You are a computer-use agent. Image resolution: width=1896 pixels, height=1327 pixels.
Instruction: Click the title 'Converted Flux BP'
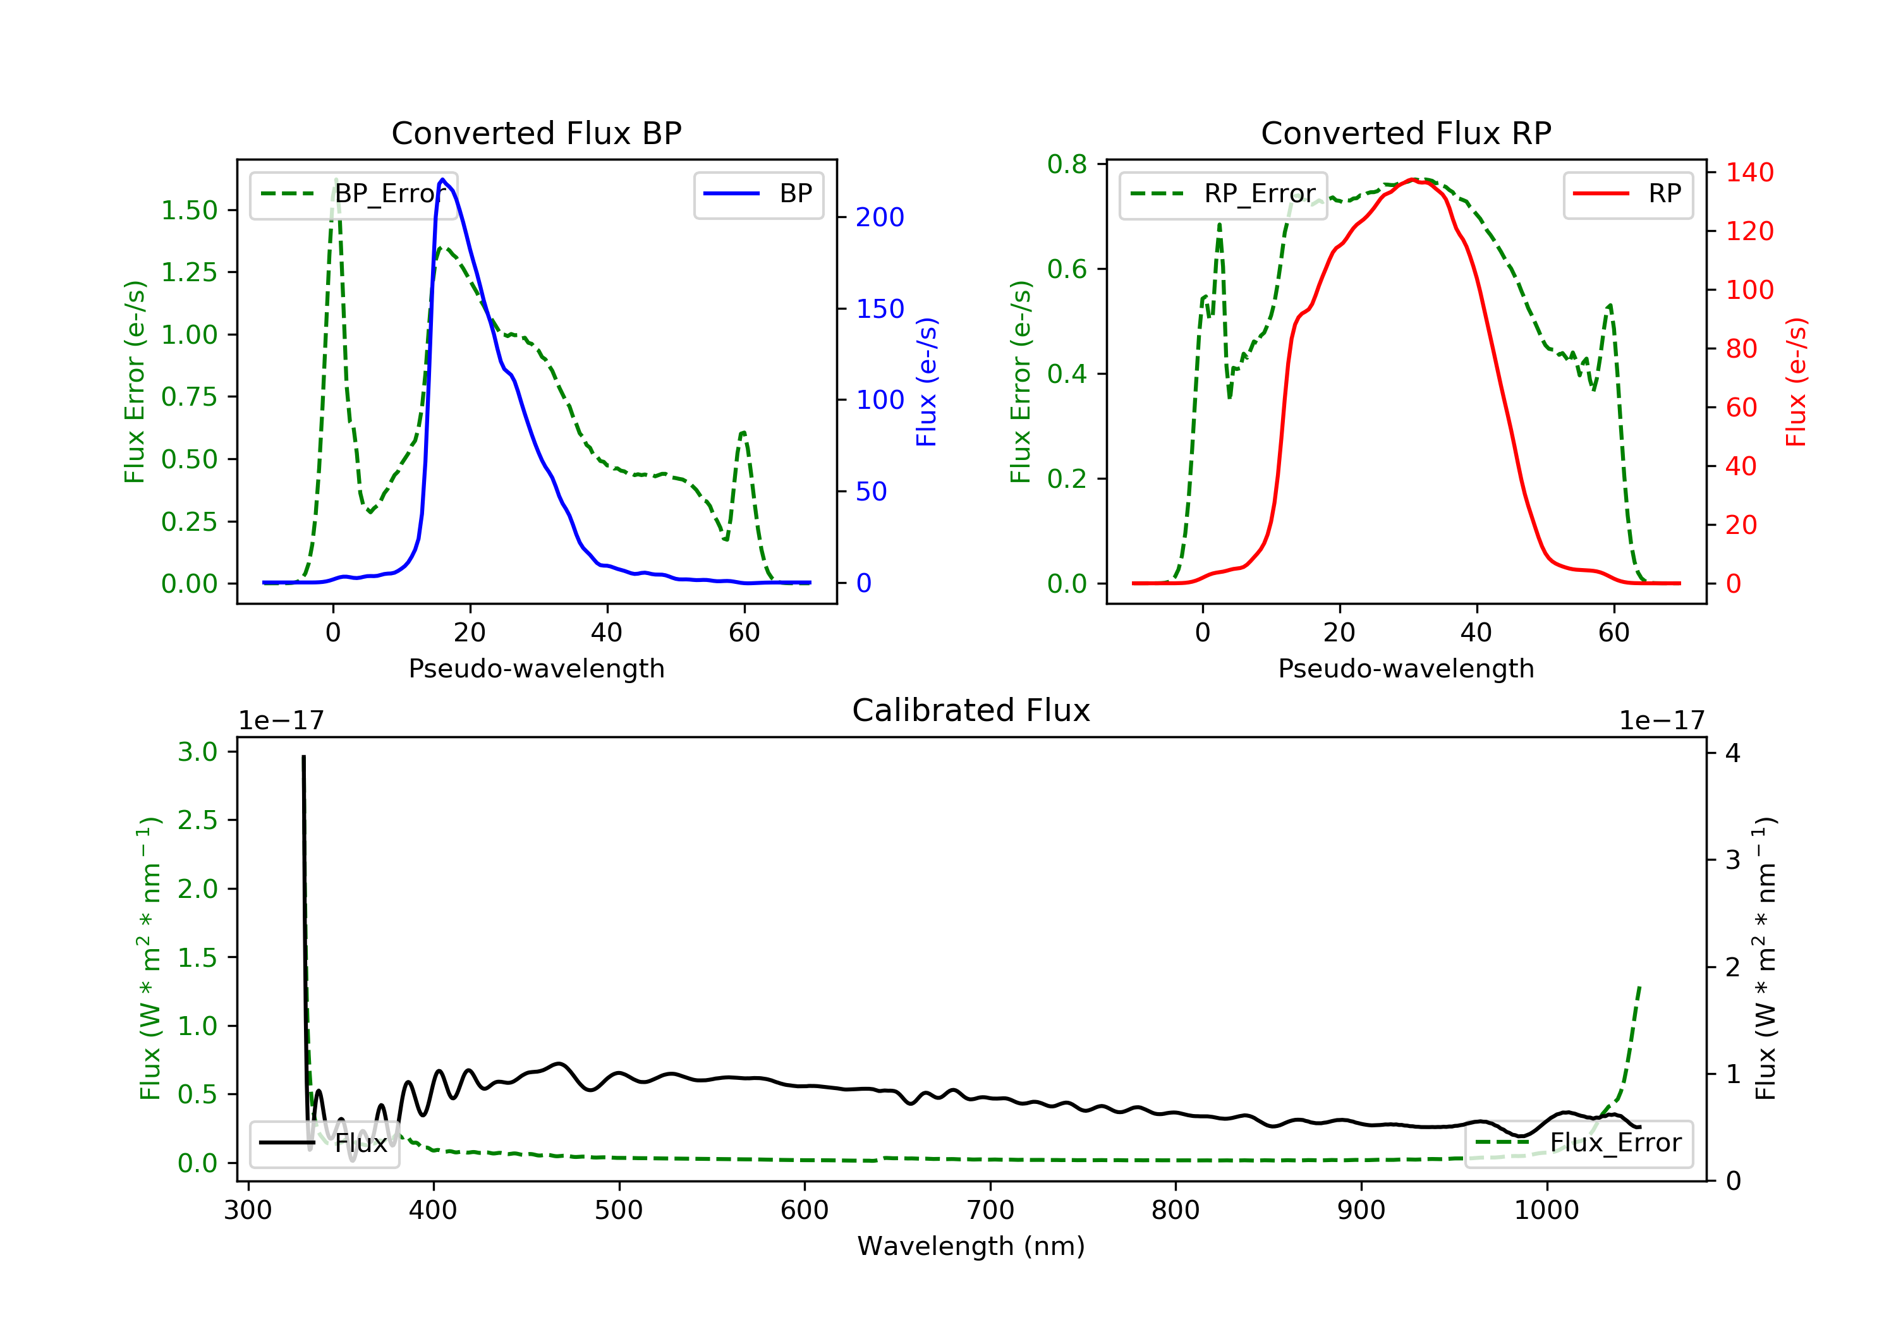pos(536,133)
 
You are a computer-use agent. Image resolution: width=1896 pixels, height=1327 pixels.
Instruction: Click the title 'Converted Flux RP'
pos(1406,133)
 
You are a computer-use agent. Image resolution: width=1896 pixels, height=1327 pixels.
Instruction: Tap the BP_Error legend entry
pos(353,194)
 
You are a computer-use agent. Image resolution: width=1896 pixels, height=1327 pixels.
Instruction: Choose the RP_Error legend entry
pos(1223,194)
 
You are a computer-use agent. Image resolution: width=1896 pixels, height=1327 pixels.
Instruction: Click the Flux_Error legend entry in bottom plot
pos(1579,1143)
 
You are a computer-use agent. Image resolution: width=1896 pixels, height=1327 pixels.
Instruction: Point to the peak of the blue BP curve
pos(442,179)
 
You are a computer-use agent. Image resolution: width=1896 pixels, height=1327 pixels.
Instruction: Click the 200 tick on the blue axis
pos(880,217)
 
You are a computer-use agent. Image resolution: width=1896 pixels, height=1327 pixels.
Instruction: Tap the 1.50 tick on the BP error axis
pos(189,210)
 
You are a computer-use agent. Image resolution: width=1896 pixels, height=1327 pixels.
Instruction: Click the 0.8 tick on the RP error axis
pos(1067,164)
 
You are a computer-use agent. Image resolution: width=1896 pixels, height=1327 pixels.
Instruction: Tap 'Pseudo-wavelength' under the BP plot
pos(536,668)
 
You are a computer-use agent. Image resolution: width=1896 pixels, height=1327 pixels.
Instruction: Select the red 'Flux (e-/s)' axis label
pos(1796,382)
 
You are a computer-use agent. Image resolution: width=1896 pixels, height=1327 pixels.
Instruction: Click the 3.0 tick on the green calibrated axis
pos(197,751)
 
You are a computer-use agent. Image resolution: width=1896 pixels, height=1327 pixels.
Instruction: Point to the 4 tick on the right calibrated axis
pos(1732,753)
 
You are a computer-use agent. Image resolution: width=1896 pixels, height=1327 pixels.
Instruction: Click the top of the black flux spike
pos(303,756)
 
